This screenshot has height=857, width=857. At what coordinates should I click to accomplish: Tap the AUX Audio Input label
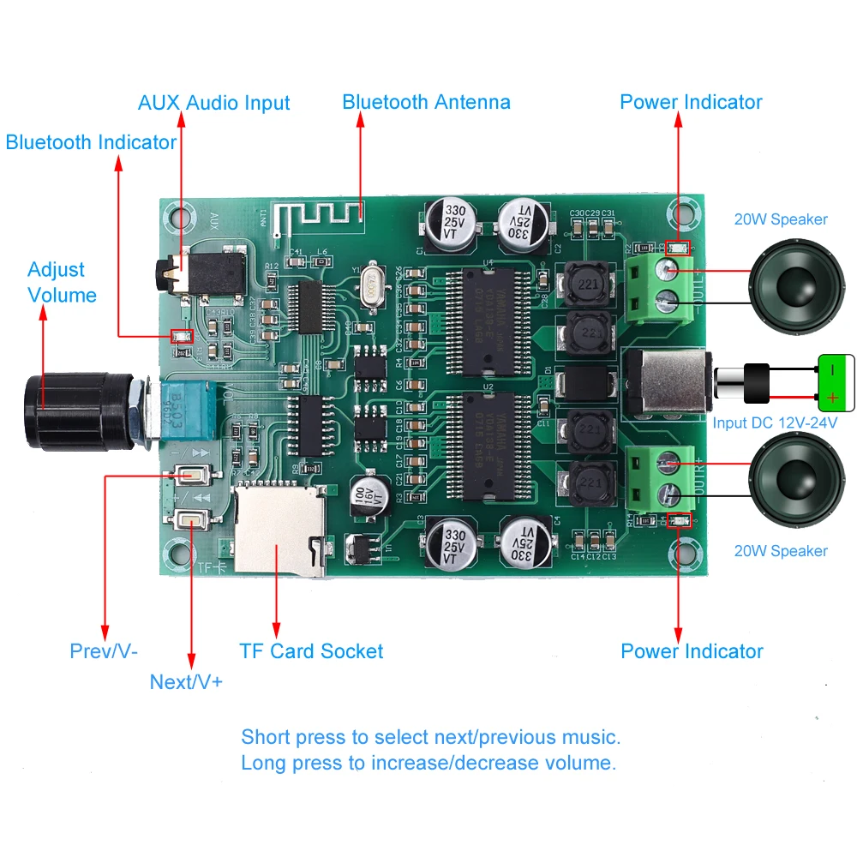point(213,103)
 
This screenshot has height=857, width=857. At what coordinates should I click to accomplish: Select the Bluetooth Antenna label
point(426,102)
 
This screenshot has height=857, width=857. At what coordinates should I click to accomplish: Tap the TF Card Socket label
point(311,651)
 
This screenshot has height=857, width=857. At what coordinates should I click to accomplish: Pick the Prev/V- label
point(104,651)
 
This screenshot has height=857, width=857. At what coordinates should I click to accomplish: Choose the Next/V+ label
point(186,682)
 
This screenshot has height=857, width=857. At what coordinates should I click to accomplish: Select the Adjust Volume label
point(61,282)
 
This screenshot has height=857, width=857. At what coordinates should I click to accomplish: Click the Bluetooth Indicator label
point(91,142)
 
